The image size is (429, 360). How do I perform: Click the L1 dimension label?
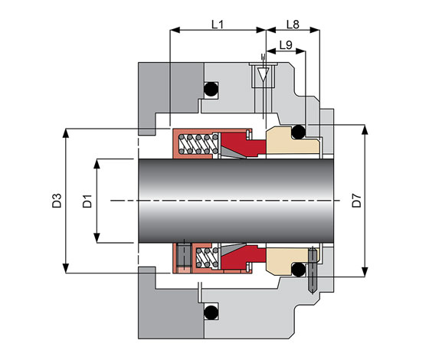pyautogui.click(x=218, y=25)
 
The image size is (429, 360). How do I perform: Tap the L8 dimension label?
pyautogui.click(x=293, y=25)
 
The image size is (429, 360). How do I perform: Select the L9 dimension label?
pyautogui.click(x=286, y=45)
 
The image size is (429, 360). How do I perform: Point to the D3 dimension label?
pyautogui.click(x=57, y=201)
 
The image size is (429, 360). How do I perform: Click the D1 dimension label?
pyautogui.click(x=87, y=201)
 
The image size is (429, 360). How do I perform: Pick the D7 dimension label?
pyautogui.click(x=357, y=200)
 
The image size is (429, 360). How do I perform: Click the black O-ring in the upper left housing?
pyautogui.click(x=211, y=89)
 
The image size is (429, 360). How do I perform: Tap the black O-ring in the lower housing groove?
pyautogui.click(x=211, y=313)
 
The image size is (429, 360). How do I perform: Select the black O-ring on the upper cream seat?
pyautogui.click(x=298, y=132)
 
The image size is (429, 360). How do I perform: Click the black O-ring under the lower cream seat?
pyautogui.click(x=298, y=270)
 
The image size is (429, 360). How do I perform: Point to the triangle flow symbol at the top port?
pyautogui.click(x=264, y=75)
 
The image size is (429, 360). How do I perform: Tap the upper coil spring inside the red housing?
pyautogui.click(x=198, y=144)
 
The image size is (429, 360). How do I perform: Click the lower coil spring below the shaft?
pyautogui.click(x=208, y=257)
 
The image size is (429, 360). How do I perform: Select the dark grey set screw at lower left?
pyautogui.click(x=184, y=256)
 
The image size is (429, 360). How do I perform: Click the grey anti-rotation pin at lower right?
pyautogui.click(x=313, y=270)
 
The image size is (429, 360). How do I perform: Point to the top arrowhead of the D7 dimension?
pyautogui.click(x=365, y=129)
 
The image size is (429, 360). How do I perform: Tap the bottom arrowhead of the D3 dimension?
pyautogui.click(x=66, y=268)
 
